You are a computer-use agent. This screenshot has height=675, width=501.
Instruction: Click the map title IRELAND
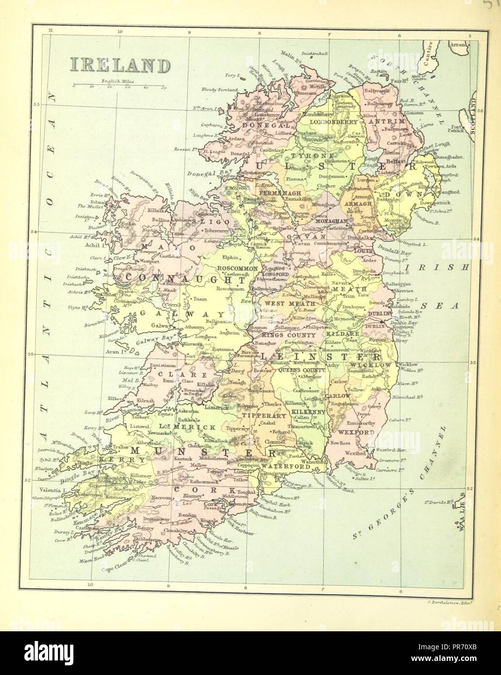pyautogui.click(x=119, y=65)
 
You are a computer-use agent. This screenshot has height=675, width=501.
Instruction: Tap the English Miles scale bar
pyautogui.click(x=119, y=86)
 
